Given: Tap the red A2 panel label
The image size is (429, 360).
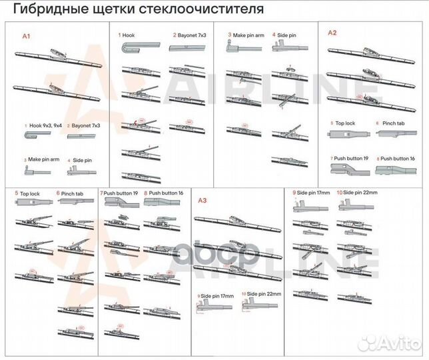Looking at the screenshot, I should [332, 32].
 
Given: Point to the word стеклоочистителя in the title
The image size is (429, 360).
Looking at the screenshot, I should [212, 10].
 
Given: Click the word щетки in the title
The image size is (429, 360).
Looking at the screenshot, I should [118, 10].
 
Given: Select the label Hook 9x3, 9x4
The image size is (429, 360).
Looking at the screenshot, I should [45, 125].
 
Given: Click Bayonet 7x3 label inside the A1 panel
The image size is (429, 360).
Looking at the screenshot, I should [86, 125].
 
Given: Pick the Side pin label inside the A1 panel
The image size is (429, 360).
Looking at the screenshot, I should [82, 160].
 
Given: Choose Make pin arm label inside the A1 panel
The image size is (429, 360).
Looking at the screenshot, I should [43, 160].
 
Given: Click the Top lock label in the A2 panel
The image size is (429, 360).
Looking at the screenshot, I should [344, 123].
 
